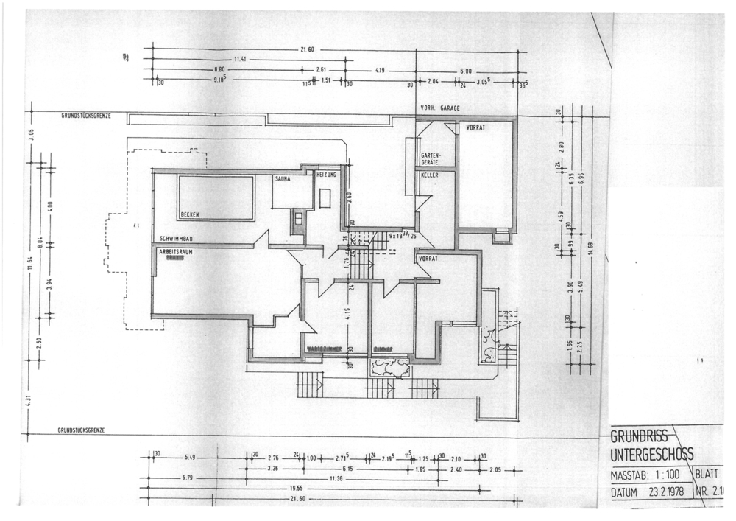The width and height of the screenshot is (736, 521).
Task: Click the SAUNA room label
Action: (x=283, y=179)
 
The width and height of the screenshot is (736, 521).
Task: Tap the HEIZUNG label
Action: (x=326, y=175)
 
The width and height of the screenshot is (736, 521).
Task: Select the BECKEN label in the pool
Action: (x=190, y=214)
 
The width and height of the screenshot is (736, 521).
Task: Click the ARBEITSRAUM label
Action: (x=177, y=251)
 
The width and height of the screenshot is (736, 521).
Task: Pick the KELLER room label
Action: (x=430, y=175)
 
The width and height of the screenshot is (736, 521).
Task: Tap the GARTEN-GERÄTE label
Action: (x=431, y=158)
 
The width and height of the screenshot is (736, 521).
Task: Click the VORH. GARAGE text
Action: (x=440, y=108)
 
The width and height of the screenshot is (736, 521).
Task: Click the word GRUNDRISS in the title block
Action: (x=639, y=438)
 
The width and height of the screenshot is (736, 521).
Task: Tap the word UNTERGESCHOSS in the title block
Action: (x=651, y=455)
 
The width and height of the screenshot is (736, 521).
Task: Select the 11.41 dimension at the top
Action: (x=241, y=59)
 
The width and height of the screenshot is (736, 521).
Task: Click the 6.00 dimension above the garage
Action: (x=465, y=71)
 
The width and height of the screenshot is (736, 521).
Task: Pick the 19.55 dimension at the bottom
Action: (x=296, y=488)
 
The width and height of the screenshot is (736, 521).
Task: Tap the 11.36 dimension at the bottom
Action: (x=336, y=478)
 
